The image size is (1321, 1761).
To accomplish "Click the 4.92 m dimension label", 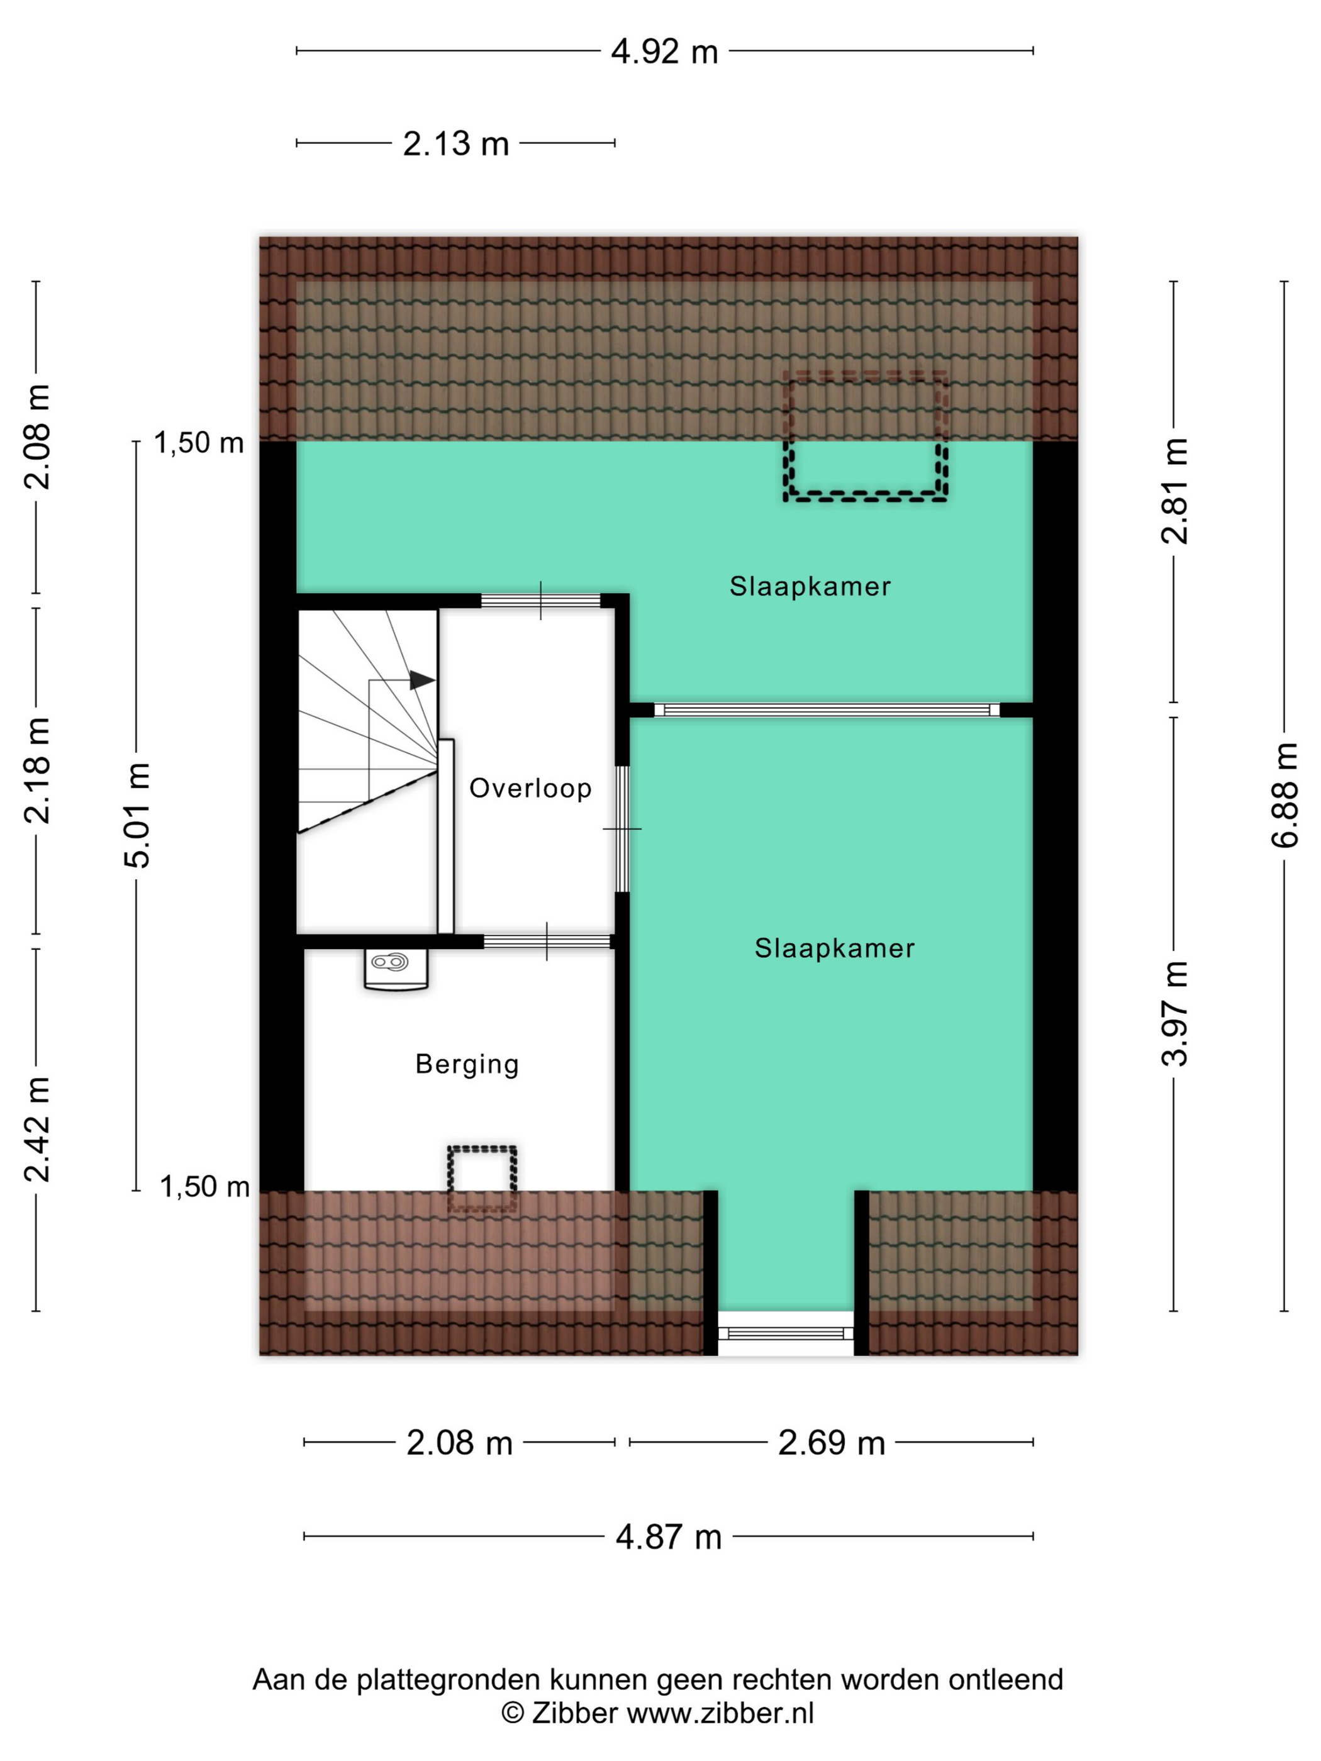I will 664,53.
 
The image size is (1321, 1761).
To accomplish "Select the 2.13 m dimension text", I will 455,144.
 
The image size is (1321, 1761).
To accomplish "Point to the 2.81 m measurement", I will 1174,491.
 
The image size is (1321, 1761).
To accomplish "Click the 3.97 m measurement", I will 1174,1013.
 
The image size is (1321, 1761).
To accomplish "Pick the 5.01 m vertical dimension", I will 137,814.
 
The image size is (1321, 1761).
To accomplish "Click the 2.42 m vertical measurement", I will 36,1129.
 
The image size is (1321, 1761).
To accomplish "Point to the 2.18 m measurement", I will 36,770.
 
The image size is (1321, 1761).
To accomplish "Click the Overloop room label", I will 530,788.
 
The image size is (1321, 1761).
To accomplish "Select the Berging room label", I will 467,1064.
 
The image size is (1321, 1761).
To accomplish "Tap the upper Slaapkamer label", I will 810,587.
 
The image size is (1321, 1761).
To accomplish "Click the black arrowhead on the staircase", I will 421,681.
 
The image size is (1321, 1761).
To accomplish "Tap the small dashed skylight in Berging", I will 482,1178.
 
